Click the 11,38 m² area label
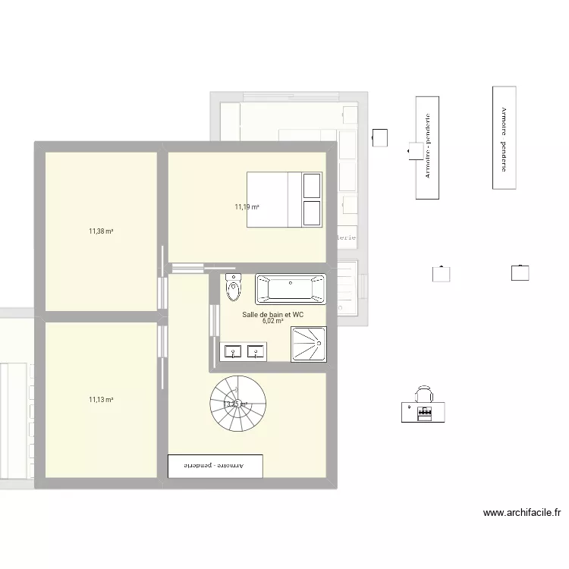[101, 231]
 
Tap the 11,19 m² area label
[247, 206]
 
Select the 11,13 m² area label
[101, 400]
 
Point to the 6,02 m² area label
[273, 321]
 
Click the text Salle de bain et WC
[272, 313]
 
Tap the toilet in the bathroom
[234, 289]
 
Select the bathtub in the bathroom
[290, 288]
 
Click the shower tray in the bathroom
[309, 344]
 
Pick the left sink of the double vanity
[232, 351]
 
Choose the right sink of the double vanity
[255, 351]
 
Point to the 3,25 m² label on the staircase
[236, 404]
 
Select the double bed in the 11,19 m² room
[284, 200]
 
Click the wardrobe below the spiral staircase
[215, 466]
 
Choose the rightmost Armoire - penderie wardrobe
[504, 137]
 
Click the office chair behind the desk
[424, 394]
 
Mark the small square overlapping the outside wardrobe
[416, 151]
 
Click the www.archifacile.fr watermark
[522, 513]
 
